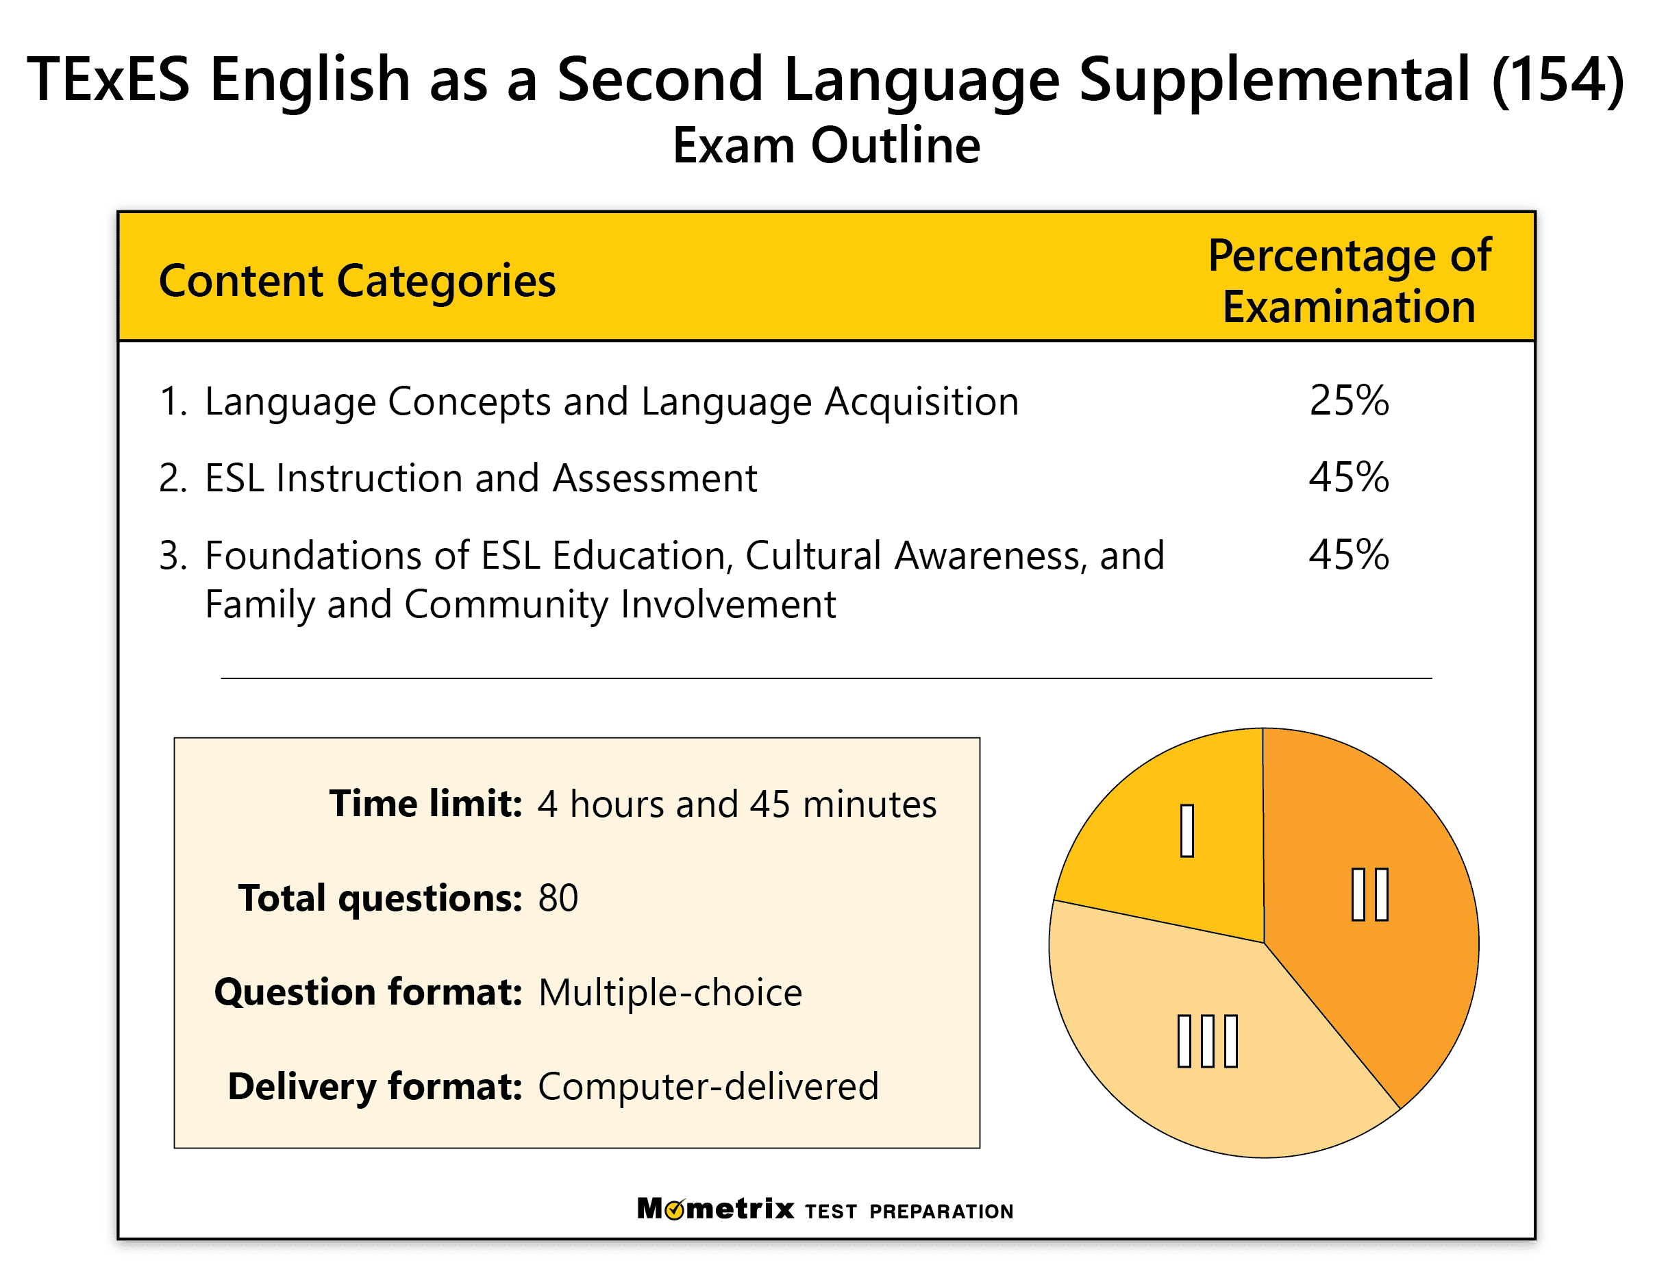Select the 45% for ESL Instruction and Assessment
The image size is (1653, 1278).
click(x=1348, y=478)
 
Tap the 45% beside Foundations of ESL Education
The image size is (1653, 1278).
click(x=1348, y=555)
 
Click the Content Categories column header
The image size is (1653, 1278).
click(x=356, y=281)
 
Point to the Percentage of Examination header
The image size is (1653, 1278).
click(x=1348, y=281)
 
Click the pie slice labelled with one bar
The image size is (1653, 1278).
click(x=1181, y=840)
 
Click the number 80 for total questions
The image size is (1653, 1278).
click(x=558, y=898)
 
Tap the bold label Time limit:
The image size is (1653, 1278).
click(x=425, y=803)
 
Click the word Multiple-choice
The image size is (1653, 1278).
click(x=670, y=992)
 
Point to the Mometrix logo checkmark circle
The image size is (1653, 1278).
click(x=674, y=1209)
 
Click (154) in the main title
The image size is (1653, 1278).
click(x=1557, y=79)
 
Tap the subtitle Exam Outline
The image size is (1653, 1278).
click(x=825, y=145)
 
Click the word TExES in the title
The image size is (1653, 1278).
click(x=108, y=79)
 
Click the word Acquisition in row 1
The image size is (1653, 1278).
click(x=921, y=402)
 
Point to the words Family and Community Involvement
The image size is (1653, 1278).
click(x=520, y=605)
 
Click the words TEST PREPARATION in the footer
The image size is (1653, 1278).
click(x=908, y=1212)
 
